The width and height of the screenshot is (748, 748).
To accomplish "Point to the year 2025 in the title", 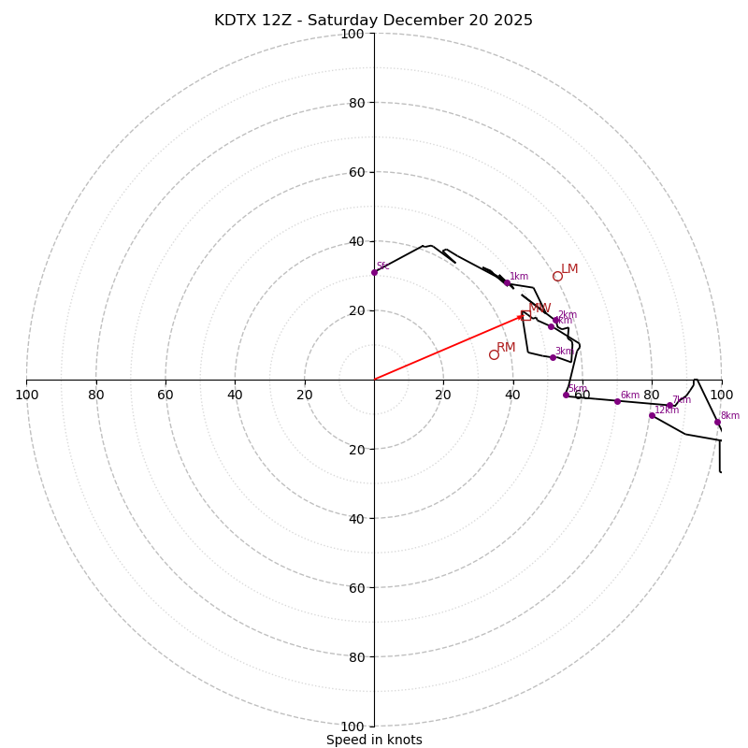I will pos(511,21).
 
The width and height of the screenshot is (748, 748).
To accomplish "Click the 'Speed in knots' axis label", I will pos(374,740).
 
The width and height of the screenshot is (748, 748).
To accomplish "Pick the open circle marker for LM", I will pos(557,276).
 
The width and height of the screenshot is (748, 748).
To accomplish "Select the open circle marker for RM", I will pos(494,354).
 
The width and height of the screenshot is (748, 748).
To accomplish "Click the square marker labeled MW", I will pos(525,315).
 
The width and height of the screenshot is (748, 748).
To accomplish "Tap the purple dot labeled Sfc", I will pos(374,272).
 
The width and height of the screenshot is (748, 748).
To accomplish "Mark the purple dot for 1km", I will pos(507,282).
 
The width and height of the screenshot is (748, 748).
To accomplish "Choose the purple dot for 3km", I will pos(553,357).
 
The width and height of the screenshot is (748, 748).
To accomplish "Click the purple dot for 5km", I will pos(566,395).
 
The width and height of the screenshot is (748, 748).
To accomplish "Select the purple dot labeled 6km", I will pos(617,401).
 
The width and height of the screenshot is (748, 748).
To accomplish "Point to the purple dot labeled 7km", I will pos(669,406).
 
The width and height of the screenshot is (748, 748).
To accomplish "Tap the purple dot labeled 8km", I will pos(717,422).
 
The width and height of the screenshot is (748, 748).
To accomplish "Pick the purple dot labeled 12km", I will pos(652,415).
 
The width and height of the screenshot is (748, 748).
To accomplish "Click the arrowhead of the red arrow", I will pos(521,318).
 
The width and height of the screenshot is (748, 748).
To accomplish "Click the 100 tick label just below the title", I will pos(352,34).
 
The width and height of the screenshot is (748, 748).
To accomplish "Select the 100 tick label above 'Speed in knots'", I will pos(352,726).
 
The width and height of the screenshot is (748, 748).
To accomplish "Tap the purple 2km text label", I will pos(567,315).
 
